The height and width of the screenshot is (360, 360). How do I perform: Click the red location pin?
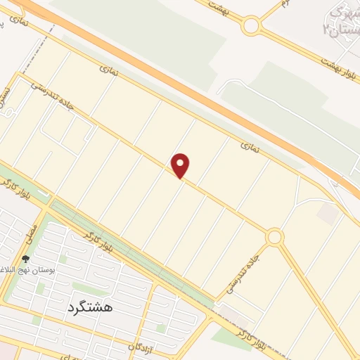pos(181,165)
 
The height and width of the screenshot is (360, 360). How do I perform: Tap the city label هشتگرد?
pos(91,307)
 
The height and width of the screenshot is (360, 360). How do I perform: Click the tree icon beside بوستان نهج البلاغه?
pos(26,259)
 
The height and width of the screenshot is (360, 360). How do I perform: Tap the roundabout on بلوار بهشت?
pos(251,27)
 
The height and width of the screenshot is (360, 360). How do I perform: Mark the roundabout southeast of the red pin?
pos(274,237)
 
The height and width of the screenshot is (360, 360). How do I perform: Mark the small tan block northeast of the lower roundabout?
pos(326,214)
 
